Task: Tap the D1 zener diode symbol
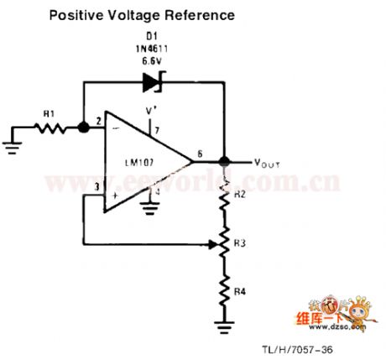pyautogui.click(x=153, y=82)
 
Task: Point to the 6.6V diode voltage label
pyautogui.click(x=154, y=62)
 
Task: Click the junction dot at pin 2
pyautogui.click(x=84, y=128)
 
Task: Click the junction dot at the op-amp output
pyautogui.click(x=225, y=161)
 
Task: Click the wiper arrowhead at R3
pyautogui.click(x=213, y=244)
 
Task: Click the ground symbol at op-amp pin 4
pyautogui.click(x=151, y=205)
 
